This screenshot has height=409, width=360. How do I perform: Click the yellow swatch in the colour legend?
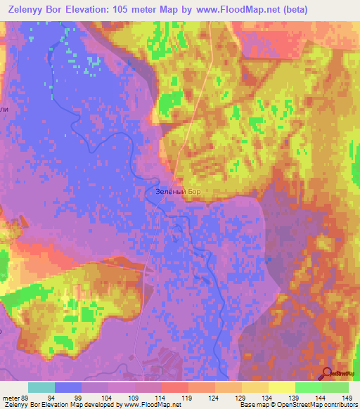click(x=281, y=388)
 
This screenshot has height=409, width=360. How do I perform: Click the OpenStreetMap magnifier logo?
click(x=327, y=372)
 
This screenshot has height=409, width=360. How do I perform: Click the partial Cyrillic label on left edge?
click(x=4, y=110)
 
